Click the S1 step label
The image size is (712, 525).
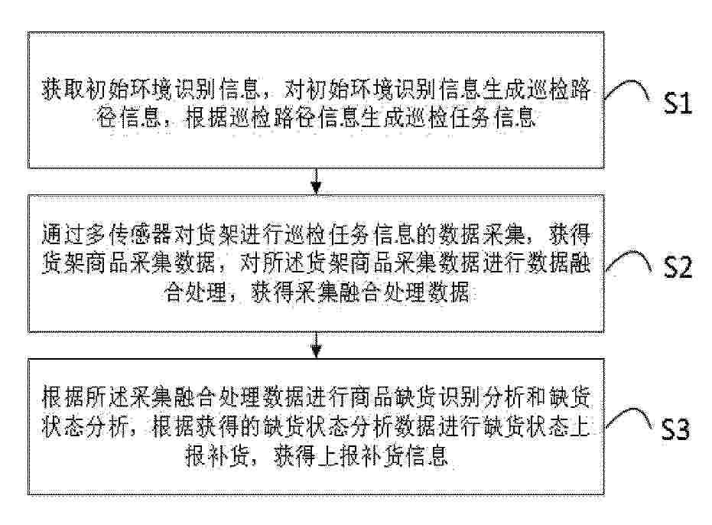tap(677, 103)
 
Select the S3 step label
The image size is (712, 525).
tap(675, 428)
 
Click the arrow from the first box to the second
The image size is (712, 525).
tap(316, 181)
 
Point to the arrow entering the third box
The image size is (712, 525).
tap(316, 345)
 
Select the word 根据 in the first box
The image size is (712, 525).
tap(207, 118)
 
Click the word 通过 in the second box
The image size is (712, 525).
tap(63, 234)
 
